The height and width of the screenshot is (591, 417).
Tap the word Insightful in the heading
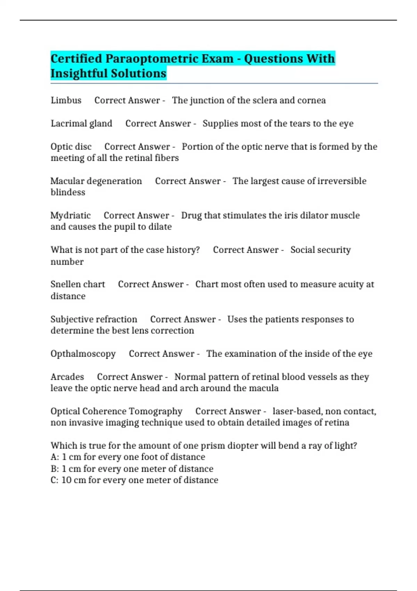78,74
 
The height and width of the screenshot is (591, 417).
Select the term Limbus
66,100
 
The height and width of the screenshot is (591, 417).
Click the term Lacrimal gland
81,124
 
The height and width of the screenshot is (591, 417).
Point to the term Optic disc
71,147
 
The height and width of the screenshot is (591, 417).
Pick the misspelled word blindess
68,192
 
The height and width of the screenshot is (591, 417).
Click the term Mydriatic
71,216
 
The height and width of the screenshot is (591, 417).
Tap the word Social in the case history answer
303,250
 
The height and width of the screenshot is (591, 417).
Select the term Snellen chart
77,284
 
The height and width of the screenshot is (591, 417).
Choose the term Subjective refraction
94,319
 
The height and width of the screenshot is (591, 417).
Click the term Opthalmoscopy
83,354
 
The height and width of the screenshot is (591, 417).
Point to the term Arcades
67,377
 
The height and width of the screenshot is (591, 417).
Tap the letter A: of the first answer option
55,457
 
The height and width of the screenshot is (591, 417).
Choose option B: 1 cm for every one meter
132,469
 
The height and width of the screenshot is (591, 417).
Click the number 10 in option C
66,480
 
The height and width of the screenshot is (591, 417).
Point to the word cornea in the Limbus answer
311,100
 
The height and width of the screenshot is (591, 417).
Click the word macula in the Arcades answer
265,388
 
